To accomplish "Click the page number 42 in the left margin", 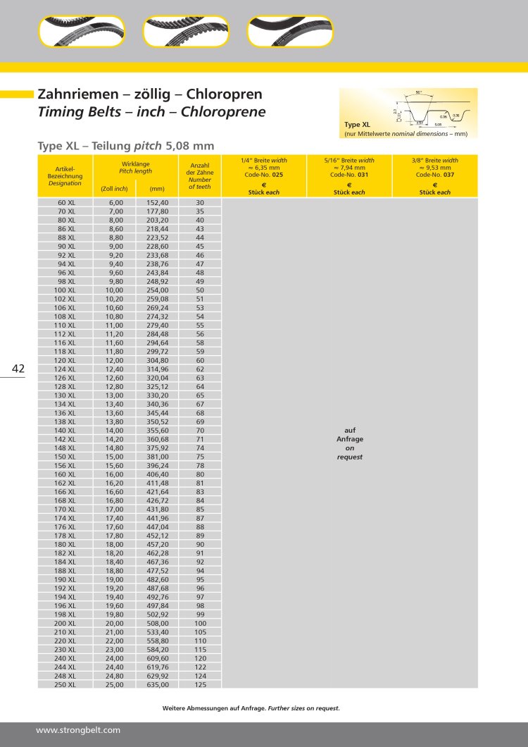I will click(x=18, y=369).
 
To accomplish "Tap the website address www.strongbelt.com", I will click(x=78, y=729).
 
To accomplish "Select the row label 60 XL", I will click(x=66, y=202).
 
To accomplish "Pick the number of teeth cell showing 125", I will click(x=200, y=684).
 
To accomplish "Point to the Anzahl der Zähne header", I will click(x=200, y=175).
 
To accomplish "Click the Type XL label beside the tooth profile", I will click(x=356, y=123).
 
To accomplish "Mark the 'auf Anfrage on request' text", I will click(x=349, y=443).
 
